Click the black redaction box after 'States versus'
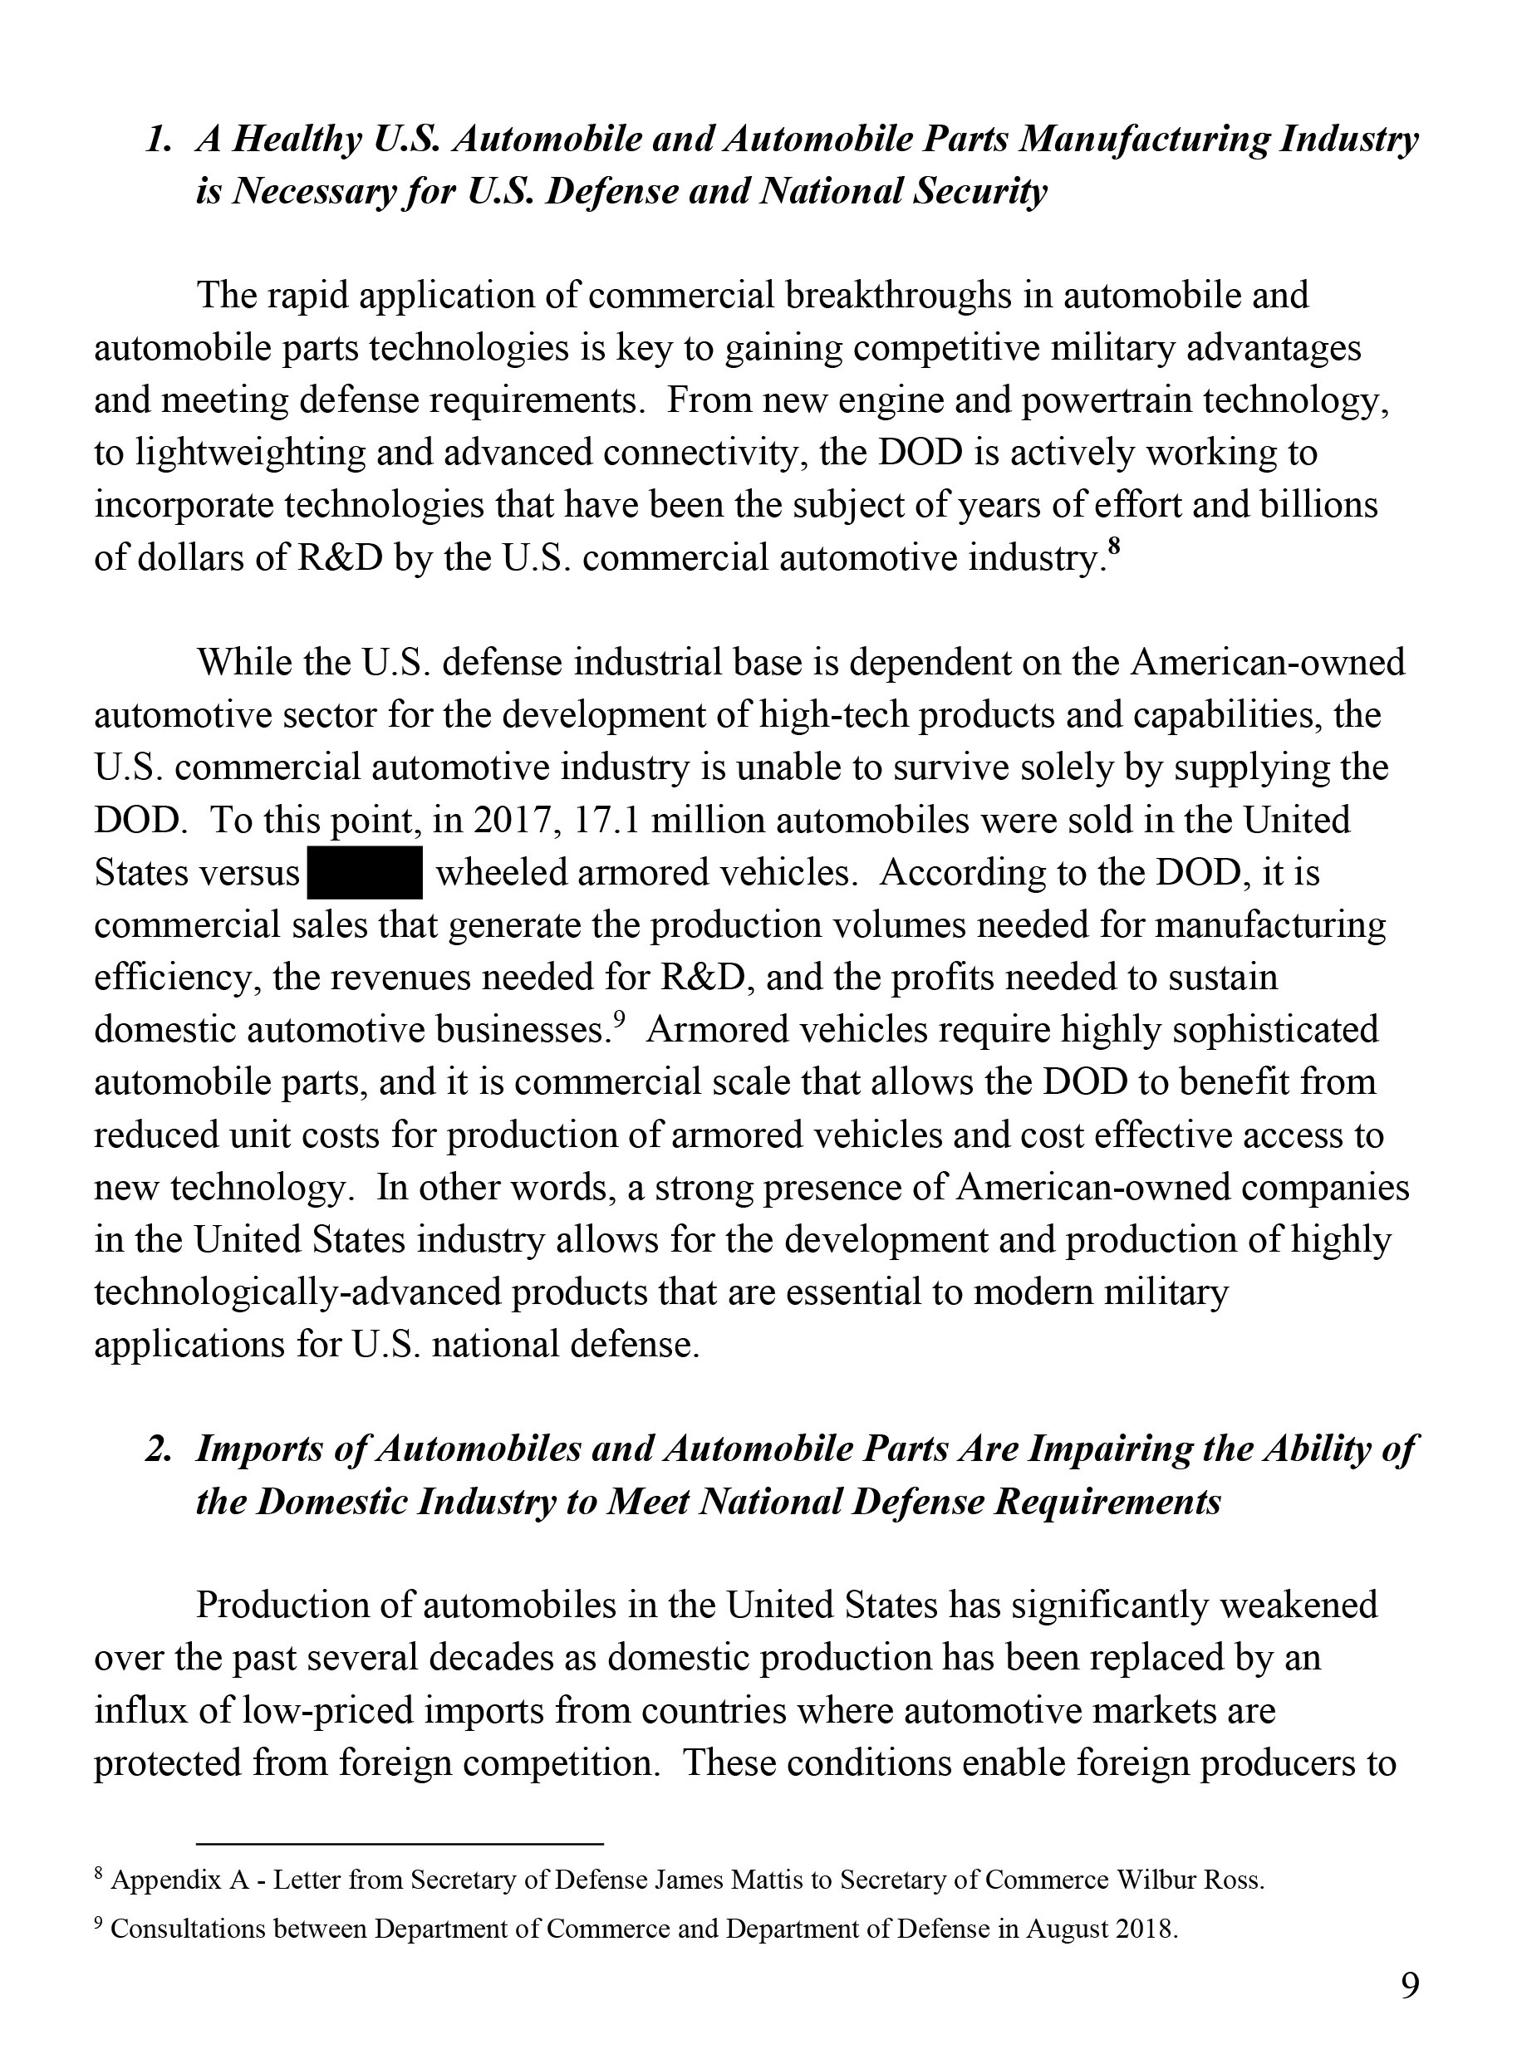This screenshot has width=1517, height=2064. tap(366, 872)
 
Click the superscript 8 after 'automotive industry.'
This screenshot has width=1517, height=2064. tap(1114, 548)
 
